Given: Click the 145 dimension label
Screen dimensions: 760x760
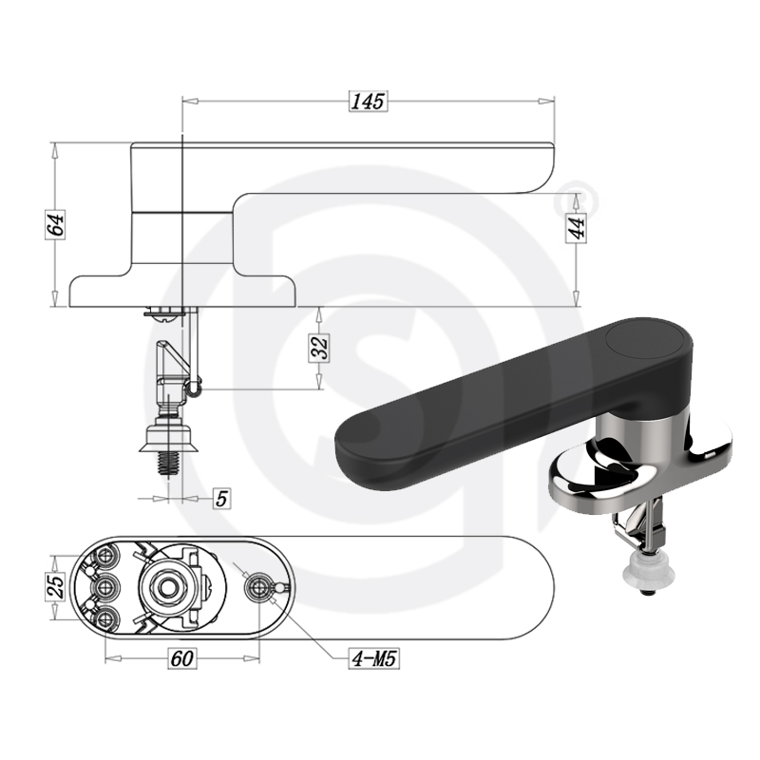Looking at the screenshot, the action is [x=368, y=102].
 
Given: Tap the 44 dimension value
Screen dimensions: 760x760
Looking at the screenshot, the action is [x=577, y=227].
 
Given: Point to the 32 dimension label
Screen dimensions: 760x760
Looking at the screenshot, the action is [x=319, y=348].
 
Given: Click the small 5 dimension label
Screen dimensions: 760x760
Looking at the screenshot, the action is [x=222, y=498].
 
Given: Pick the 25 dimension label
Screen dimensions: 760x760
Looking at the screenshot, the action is [x=55, y=587].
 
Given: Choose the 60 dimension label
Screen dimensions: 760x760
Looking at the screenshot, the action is [x=182, y=658].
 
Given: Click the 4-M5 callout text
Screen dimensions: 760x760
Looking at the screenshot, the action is [x=374, y=658].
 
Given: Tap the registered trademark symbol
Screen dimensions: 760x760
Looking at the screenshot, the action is [x=576, y=200].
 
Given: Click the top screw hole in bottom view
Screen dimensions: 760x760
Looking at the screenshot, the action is [x=105, y=556].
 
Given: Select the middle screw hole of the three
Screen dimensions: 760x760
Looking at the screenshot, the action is [x=105, y=588].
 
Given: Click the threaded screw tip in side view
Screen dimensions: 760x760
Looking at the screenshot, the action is [x=169, y=465].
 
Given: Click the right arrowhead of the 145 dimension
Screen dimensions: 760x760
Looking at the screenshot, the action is [x=547, y=102].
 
